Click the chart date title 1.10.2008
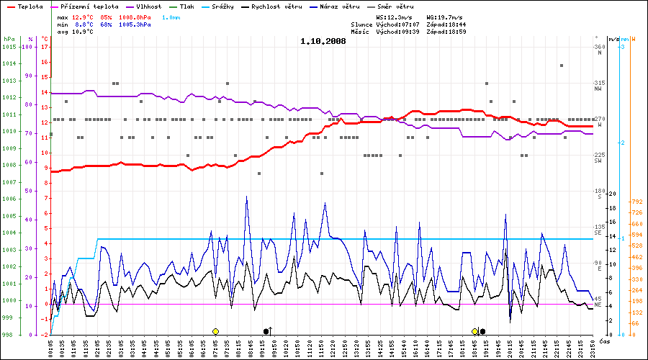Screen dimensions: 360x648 click(323, 41)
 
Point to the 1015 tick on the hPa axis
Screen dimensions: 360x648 click(9, 47)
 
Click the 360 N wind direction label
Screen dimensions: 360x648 click(598, 49)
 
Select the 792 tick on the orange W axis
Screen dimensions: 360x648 click(636, 202)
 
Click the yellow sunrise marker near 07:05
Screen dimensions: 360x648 click(215, 331)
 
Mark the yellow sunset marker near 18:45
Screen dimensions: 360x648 click(474, 331)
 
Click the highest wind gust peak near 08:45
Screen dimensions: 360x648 click(247, 197)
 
